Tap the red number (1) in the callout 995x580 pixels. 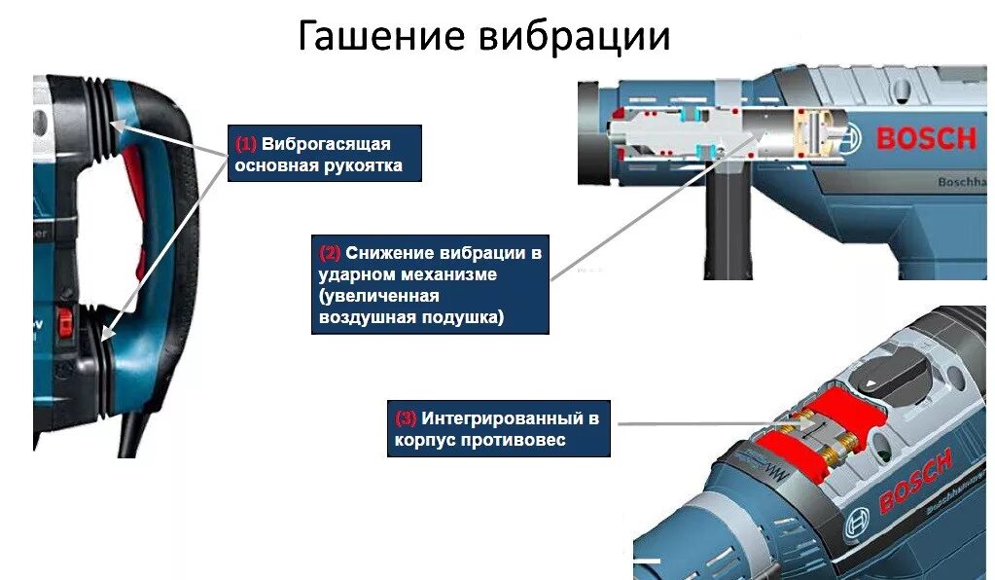245,144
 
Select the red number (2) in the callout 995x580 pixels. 330,253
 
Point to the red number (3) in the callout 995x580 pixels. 406,418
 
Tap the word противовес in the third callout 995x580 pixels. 521,440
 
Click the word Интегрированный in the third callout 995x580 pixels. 508,418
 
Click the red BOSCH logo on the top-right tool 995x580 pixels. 925,138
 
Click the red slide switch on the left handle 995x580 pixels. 65,321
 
